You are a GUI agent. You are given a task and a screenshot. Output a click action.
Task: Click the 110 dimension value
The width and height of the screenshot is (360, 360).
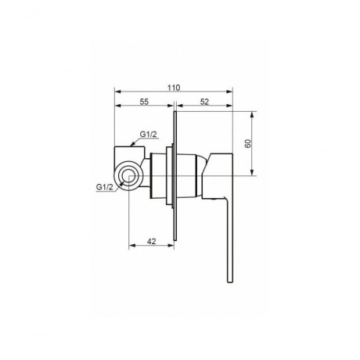(x=174, y=88)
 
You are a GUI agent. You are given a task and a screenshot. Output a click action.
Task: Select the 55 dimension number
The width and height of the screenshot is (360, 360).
(x=144, y=102)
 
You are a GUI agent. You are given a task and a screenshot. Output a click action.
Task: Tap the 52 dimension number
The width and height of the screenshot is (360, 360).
(x=205, y=102)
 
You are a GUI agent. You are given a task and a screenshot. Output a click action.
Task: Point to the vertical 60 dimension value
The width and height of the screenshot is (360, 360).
(x=248, y=143)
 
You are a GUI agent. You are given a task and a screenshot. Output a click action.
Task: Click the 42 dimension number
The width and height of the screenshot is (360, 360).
(x=151, y=241)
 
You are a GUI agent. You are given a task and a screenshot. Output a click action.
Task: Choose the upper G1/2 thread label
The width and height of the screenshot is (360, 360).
(x=149, y=135)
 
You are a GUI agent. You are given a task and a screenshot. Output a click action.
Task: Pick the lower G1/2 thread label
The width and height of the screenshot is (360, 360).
(x=105, y=187)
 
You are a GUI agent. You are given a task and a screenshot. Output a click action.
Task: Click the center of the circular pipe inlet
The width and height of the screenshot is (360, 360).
(x=128, y=175)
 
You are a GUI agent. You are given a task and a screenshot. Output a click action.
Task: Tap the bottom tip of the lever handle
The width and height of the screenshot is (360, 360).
(x=230, y=283)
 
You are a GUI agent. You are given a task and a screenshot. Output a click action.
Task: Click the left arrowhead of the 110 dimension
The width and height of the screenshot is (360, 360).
(x=117, y=92)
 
